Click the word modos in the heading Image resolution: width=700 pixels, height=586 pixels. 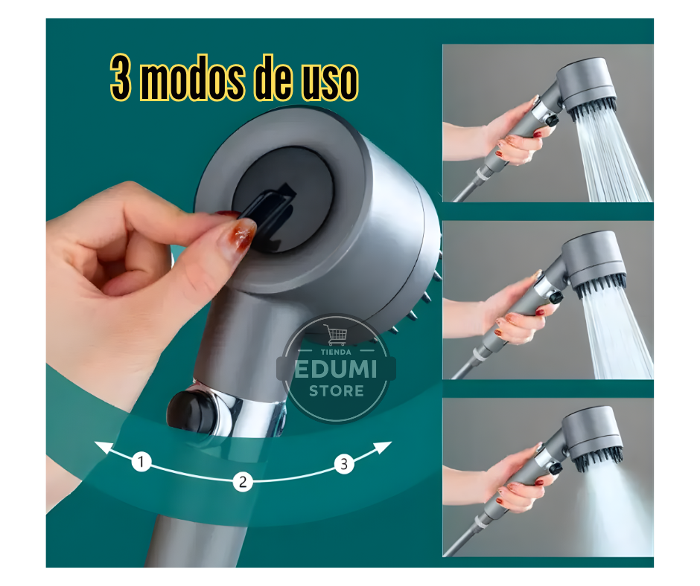[194, 80]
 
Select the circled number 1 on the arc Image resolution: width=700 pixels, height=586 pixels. [141, 463]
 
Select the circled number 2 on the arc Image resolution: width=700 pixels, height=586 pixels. [241, 481]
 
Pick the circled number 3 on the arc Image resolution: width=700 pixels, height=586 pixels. [343, 465]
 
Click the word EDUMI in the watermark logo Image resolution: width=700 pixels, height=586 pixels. [336, 370]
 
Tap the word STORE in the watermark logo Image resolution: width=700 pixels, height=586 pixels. [337, 390]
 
